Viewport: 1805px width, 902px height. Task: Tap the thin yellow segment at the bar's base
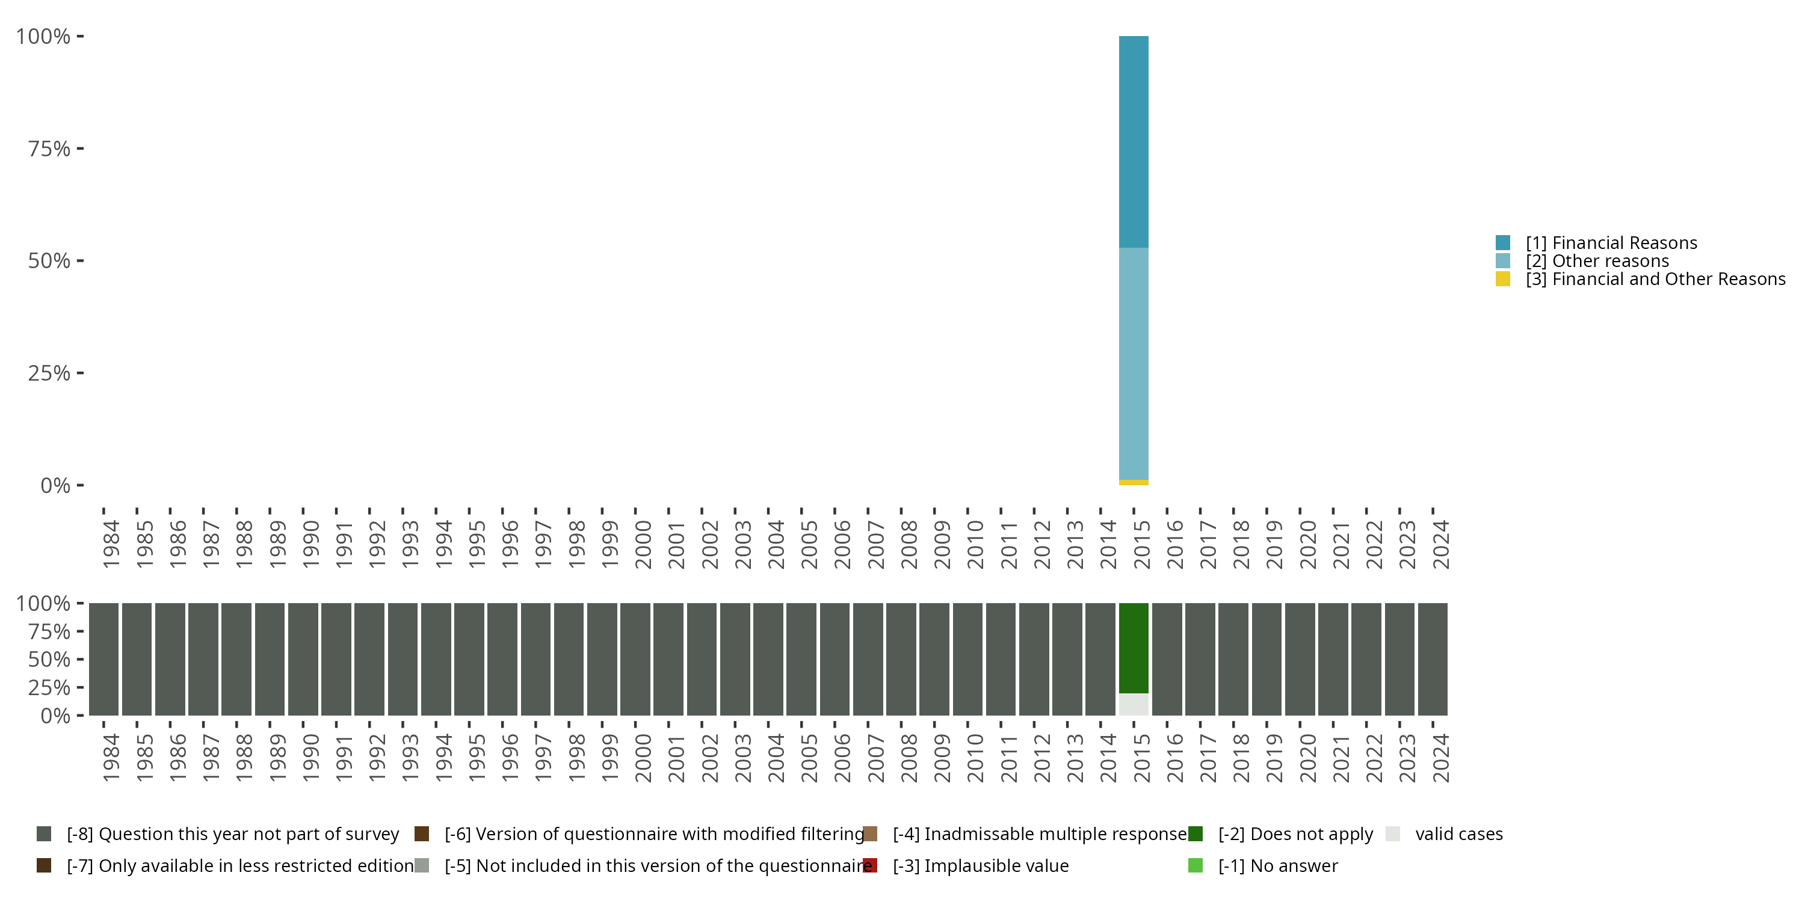click(1133, 482)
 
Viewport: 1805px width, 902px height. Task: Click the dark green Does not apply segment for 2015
click(1133, 648)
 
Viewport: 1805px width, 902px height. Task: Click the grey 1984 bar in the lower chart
click(103, 658)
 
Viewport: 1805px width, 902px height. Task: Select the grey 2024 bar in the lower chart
click(1432, 658)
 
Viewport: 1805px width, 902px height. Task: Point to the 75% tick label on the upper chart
click(49, 149)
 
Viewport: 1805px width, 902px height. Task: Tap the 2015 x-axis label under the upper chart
click(1141, 544)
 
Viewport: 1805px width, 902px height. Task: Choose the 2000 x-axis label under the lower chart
click(643, 758)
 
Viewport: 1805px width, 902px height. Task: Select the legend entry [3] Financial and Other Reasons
click(1655, 280)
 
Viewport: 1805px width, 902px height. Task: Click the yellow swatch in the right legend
click(1502, 280)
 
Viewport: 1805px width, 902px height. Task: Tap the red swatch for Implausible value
click(869, 865)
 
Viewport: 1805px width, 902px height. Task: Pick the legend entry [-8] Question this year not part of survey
click(233, 834)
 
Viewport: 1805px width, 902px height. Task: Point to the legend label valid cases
click(1459, 834)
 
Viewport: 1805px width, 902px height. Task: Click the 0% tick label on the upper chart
click(55, 485)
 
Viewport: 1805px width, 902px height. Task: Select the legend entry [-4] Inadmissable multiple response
click(1039, 834)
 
